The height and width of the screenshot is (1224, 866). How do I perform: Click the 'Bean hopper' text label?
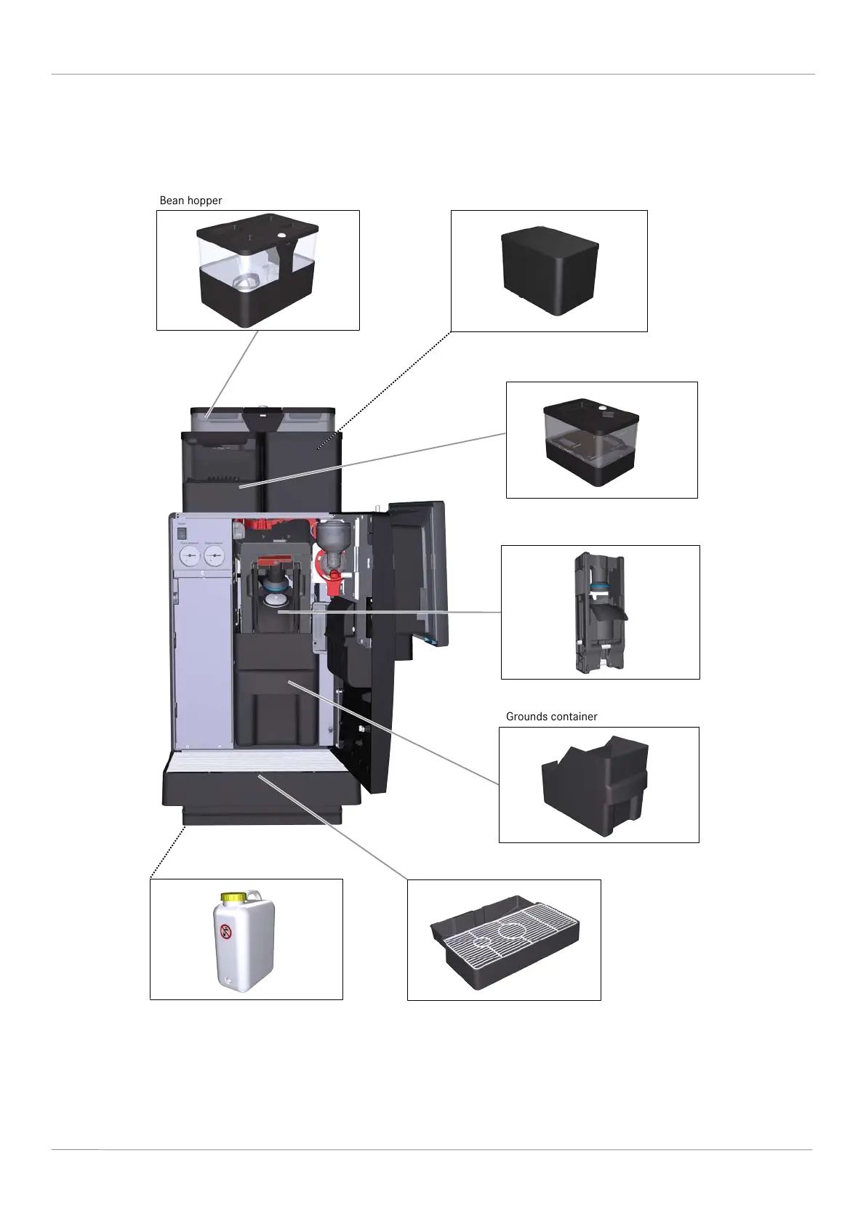tap(191, 201)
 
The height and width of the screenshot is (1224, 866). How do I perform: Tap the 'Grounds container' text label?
tap(551, 717)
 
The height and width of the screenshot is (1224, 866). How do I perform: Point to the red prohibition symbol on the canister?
tap(226, 931)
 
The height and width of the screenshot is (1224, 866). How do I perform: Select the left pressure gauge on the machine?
tap(189, 557)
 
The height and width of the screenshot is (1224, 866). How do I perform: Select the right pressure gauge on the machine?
tap(214, 557)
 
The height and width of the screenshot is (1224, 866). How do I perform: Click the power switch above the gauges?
tap(183, 532)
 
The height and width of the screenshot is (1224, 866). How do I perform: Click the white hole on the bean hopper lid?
tap(281, 235)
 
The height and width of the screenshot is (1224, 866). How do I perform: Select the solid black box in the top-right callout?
tap(550, 270)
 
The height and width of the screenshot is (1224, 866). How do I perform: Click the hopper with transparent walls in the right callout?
tap(591, 441)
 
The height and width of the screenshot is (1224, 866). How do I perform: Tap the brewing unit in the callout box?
tap(600, 612)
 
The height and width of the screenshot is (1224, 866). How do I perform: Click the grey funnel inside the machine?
tap(333, 539)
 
